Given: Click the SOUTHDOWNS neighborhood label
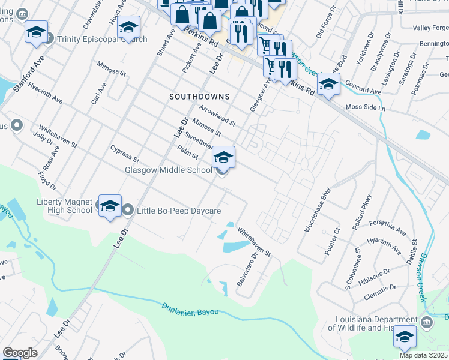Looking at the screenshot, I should click(199, 96).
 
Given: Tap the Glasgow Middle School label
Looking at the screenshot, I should click(168, 170).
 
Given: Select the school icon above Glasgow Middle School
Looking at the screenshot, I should click(223, 157).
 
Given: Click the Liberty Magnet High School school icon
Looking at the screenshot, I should click(110, 206).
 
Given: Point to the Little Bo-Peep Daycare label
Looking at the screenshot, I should click(179, 211).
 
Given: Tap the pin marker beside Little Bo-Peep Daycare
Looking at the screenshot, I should click(129, 210).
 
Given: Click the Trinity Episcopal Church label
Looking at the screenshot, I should click(102, 40).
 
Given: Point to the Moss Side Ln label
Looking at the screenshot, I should click(366, 107).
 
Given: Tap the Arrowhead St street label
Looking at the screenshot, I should click(217, 115).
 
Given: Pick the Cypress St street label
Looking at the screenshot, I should click(125, 154).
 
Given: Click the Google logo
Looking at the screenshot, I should click(20, 353).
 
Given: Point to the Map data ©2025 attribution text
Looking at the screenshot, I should click(424, 355).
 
